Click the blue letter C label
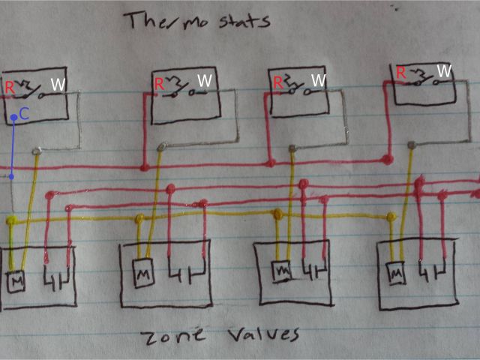[24, 114]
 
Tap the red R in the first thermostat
[9, 86]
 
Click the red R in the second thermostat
[160, 84]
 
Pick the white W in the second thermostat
[204, 80]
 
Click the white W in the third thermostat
[319, 79]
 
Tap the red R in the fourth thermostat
[401, 73]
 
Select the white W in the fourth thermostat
[444, 71]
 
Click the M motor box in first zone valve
[16, 281]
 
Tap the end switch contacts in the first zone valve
[56, 280]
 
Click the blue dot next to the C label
[13, 118]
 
